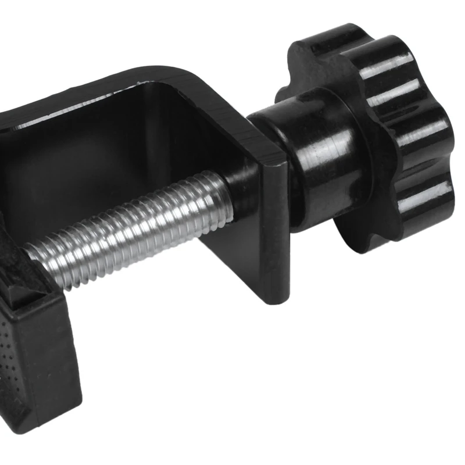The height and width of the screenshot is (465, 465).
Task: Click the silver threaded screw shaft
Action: tap(134, 233)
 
